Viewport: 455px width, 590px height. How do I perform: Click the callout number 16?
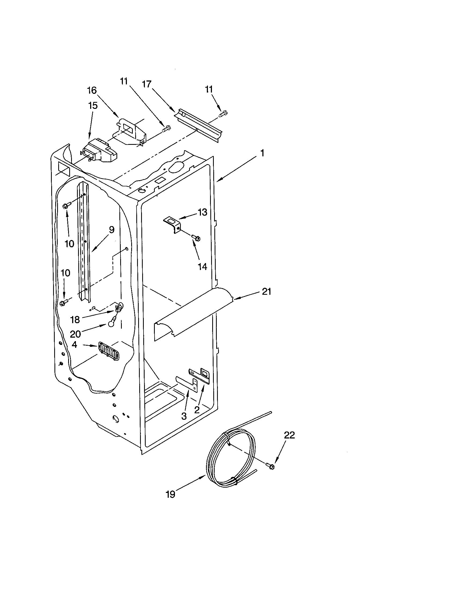click(92, 90)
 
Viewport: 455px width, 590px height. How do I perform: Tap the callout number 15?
click(93, 106)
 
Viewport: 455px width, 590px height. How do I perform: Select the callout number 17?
click(147, 84)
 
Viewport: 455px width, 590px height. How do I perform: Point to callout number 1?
click(262, 153)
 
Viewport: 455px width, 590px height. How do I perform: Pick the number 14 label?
click(202, 267)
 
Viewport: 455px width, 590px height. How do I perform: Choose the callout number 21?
click(266, 292)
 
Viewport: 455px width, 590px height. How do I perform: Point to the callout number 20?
click(75, 334)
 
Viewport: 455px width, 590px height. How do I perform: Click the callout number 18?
click(75, 320)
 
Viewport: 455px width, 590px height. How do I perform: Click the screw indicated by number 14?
click(196, 238)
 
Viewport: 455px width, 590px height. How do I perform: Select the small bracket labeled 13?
click(173, 224)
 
